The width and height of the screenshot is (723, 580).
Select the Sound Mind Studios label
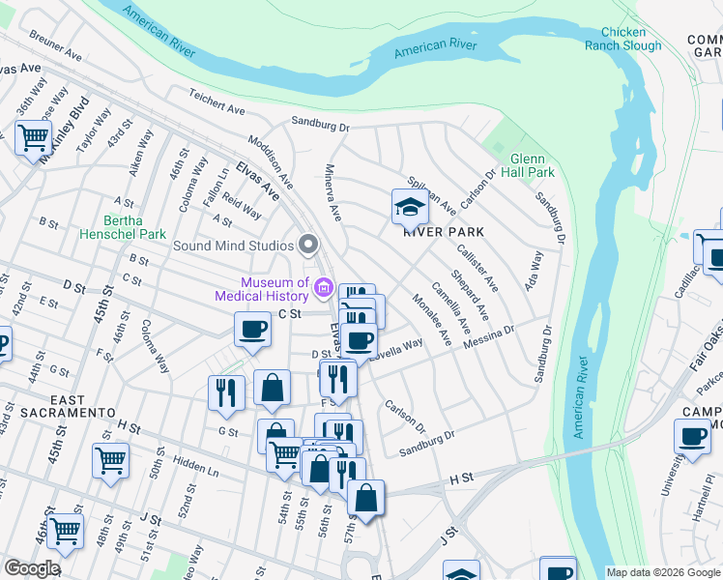pos(233,245)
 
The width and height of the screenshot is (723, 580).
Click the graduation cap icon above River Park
pos(409,207)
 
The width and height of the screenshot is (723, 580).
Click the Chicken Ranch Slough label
pos(623,39)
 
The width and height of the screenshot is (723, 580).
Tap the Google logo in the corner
pos(32,567)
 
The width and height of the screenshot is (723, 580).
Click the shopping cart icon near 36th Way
pos(33,136)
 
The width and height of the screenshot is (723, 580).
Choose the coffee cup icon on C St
pos(253,330)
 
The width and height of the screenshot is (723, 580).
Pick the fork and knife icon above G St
pos(225,391)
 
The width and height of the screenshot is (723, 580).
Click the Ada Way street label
pos(535,274)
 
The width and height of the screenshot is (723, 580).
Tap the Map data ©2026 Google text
pos(663,572)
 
